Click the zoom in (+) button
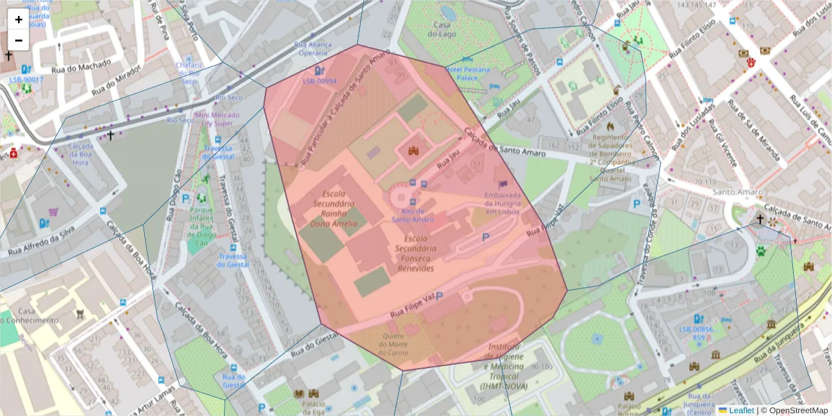point(19,19)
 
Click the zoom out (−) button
point(19,40)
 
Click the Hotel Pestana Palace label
point(467,73)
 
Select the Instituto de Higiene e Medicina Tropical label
point(503,366)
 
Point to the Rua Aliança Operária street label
point(313,49)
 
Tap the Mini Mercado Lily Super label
point(217,119)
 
